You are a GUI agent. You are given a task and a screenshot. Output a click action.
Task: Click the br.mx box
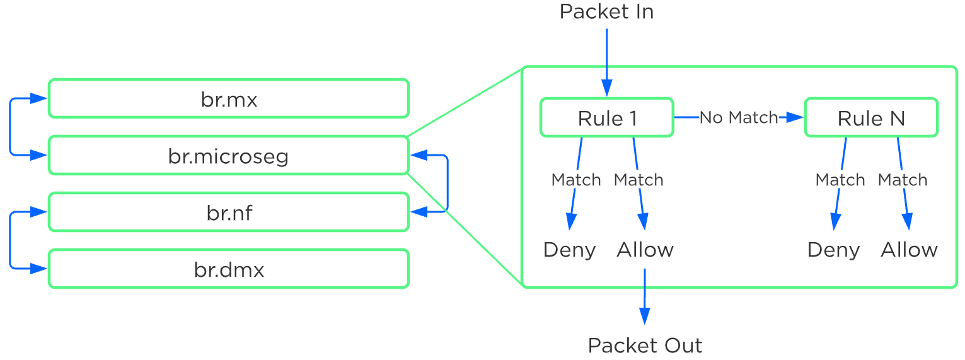[x=228, y=99]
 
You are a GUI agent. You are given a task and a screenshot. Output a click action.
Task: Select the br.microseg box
[x=228, y=156]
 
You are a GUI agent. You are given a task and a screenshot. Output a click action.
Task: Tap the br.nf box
[x=228, y=212]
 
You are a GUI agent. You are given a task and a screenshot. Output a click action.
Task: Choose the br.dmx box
[x=228, y=269]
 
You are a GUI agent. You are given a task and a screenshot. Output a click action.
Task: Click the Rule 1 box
[x=606, y=118]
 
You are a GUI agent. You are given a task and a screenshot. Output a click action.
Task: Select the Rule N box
[x=871, y=118]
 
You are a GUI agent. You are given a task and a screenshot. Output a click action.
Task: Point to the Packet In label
[x=606, y=12]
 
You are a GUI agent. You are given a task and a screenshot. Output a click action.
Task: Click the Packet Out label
[x=644, y=345]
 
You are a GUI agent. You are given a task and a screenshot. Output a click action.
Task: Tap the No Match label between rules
[x=739, y=118]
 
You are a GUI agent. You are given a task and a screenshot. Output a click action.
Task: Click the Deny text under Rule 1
[x=569, y=250]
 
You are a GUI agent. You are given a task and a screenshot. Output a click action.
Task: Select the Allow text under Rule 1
[x=645, y=250]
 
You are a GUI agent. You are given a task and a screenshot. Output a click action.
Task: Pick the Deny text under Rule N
[x=833, y=250]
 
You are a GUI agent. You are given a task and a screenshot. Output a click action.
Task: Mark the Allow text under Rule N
[x=909, y=250]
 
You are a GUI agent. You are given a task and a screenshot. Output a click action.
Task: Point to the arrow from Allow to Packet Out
[x=644, y=296]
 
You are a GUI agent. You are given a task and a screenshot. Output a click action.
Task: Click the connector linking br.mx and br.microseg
[x=11, y=127]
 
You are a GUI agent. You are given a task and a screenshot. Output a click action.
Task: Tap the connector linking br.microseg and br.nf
[x=447, y=183]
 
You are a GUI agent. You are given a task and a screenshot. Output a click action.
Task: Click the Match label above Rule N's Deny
[x=840, y=180]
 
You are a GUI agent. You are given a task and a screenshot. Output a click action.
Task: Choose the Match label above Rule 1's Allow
[x=638, y=180]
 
